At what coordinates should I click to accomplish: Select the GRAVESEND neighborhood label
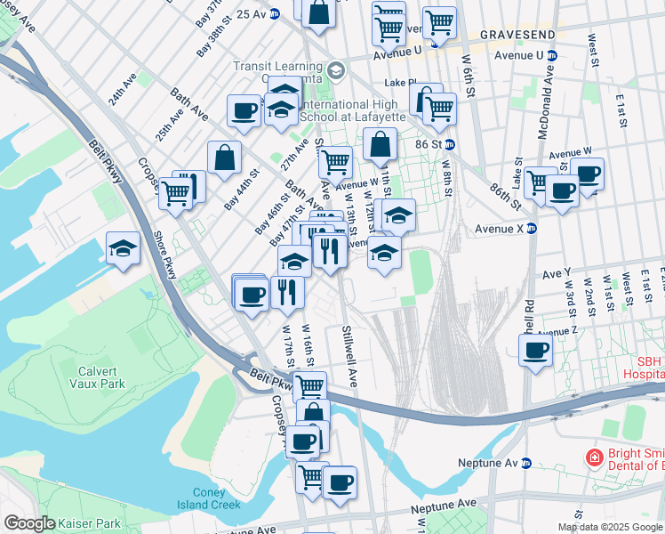coord(517,34)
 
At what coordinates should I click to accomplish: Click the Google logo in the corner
coord(29,523)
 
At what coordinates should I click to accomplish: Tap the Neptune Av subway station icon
coord(525,464)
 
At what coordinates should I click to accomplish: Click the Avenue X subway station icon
coord(533,228)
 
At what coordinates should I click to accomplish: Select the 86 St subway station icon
coord(450,144)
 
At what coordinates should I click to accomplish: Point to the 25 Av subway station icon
coord(275,13)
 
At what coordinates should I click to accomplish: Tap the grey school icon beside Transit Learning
coord(335,69)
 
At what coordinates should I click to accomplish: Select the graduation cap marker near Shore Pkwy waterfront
coord(123,248)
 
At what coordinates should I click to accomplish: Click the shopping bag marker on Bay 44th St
coord(224,158)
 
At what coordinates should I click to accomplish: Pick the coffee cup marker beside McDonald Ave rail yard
coord(535,350)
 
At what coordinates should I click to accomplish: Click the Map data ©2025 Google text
coord(609,527)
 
